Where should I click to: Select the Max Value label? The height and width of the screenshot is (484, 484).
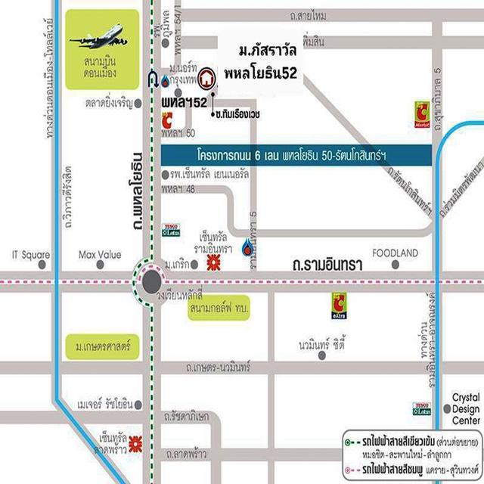point(100,255)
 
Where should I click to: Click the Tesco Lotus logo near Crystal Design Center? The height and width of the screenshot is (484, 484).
point(421,408)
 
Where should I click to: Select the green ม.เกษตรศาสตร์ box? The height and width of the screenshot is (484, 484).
point(104,349)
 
